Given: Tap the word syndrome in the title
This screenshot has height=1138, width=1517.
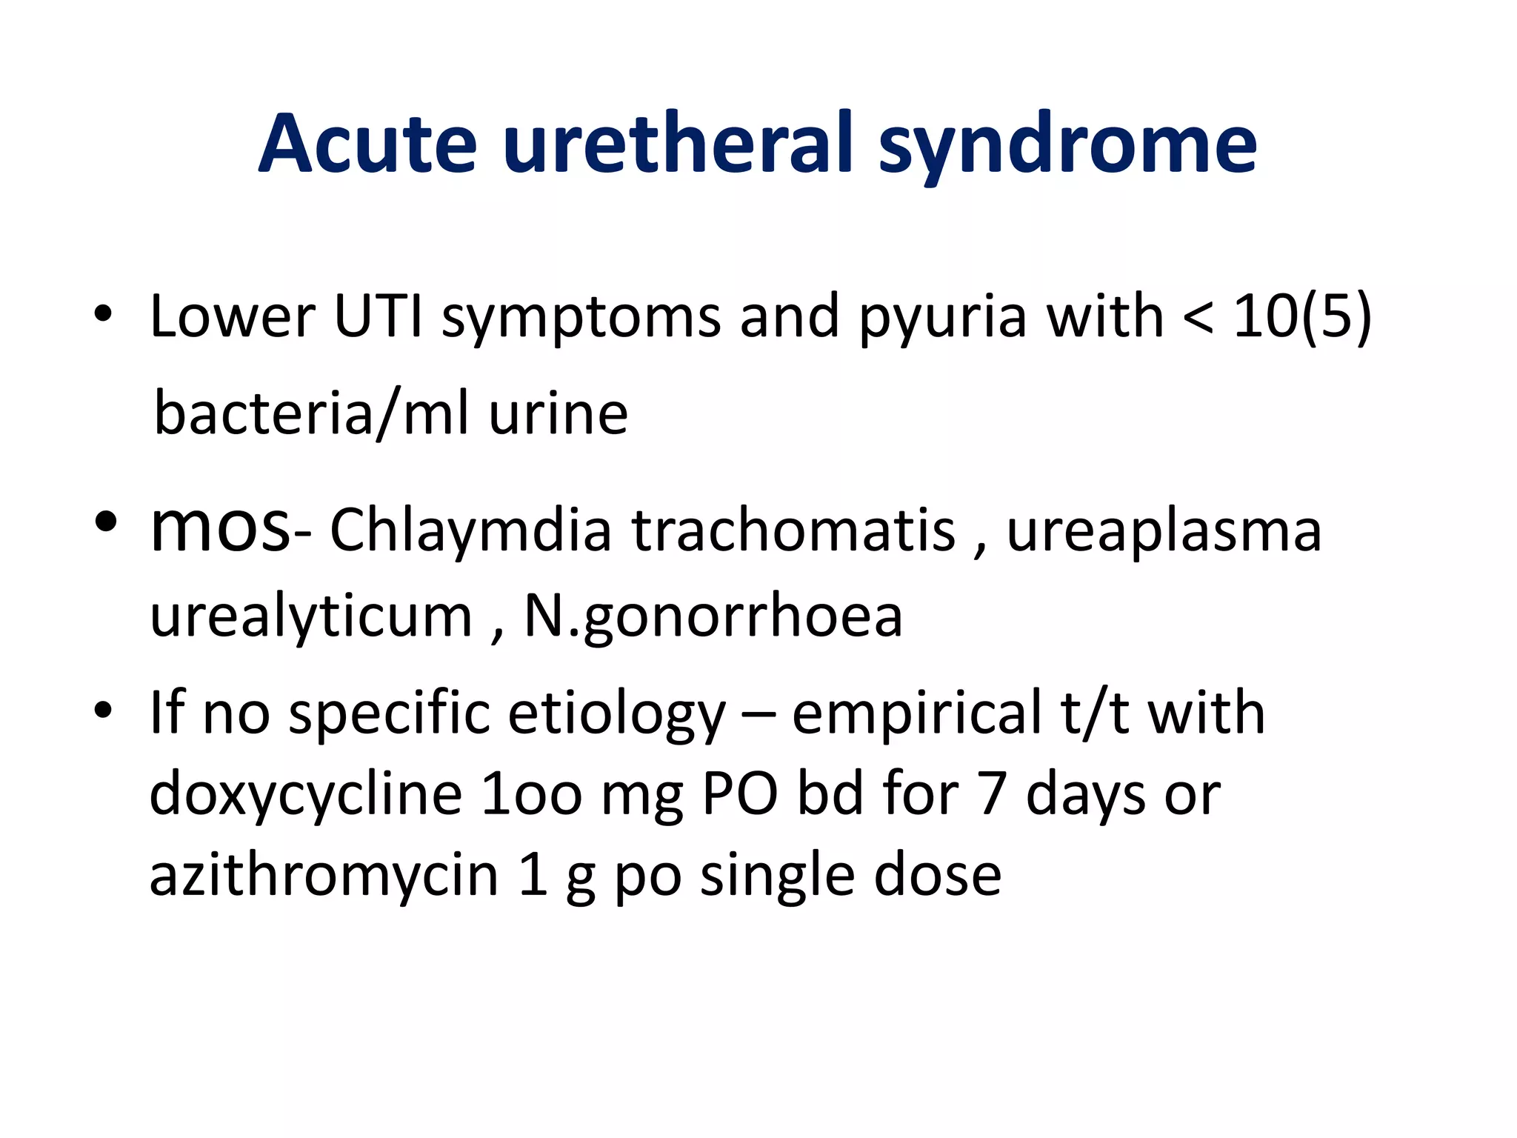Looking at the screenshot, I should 1067,144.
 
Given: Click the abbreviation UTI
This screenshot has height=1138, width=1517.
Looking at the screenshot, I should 378,316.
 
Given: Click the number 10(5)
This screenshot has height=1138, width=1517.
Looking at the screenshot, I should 1301,317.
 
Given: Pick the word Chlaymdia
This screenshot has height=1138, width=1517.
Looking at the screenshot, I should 470,531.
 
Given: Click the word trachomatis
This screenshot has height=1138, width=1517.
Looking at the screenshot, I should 793,531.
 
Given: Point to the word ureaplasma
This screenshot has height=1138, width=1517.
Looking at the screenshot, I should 1164,531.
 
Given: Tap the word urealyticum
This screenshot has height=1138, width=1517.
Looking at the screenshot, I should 311,617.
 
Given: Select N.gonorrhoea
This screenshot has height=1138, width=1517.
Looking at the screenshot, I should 713,617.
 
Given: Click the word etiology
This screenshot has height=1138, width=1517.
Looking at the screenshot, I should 617,713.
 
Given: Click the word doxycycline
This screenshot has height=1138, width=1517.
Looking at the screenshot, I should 305,794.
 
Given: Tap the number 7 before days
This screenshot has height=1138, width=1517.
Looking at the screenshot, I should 992,794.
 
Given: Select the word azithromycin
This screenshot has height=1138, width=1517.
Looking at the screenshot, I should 324,876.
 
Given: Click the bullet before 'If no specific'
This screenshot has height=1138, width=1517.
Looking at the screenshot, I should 103,712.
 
